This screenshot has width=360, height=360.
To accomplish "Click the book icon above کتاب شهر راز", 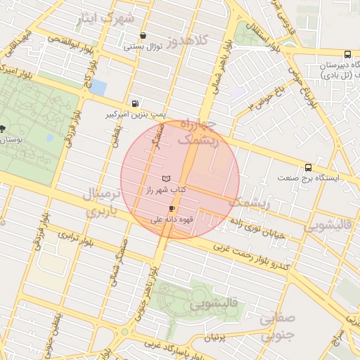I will (x=166, y=179).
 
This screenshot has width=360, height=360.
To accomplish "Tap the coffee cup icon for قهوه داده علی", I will (x=172, y=209).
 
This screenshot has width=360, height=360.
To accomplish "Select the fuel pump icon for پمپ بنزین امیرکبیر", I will (x=135, y=103).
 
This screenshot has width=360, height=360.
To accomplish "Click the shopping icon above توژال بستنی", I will (x=143, y=36).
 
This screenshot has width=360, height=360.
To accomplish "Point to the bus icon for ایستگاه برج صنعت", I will (x=308, y=167).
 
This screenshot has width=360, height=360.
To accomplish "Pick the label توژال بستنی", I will (x=143, y=47).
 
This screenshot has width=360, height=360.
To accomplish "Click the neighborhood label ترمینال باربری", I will (x=103, y=202).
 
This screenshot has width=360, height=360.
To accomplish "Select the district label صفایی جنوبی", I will (x=276, y=328).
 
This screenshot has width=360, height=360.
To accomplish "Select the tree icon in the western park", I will (x=4, y=129).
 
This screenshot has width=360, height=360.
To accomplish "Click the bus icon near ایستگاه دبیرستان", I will (x=347, y=55).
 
